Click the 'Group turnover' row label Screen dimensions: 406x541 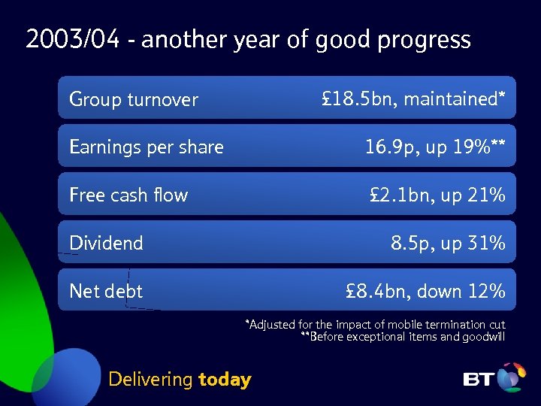[134, 99]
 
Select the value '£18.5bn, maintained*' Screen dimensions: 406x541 [413, 98]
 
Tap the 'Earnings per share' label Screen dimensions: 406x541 [147, 147]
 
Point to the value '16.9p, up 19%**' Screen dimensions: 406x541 [435, 147]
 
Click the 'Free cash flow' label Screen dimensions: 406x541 [128, 195]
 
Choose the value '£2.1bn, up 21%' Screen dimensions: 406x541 [437, 195]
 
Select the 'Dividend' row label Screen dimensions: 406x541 [106, 243]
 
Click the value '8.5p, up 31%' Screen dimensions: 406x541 [448, 243]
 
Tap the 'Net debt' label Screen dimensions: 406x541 [106, 291]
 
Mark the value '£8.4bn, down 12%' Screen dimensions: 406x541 [425, 291]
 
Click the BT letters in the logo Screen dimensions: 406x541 [479, 380]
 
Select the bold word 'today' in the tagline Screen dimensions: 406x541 [225, 380]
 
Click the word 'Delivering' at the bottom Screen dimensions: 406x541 [150, 380]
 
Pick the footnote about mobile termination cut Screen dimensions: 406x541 [376, 325]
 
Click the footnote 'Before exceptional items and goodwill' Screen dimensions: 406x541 [403, 337]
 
